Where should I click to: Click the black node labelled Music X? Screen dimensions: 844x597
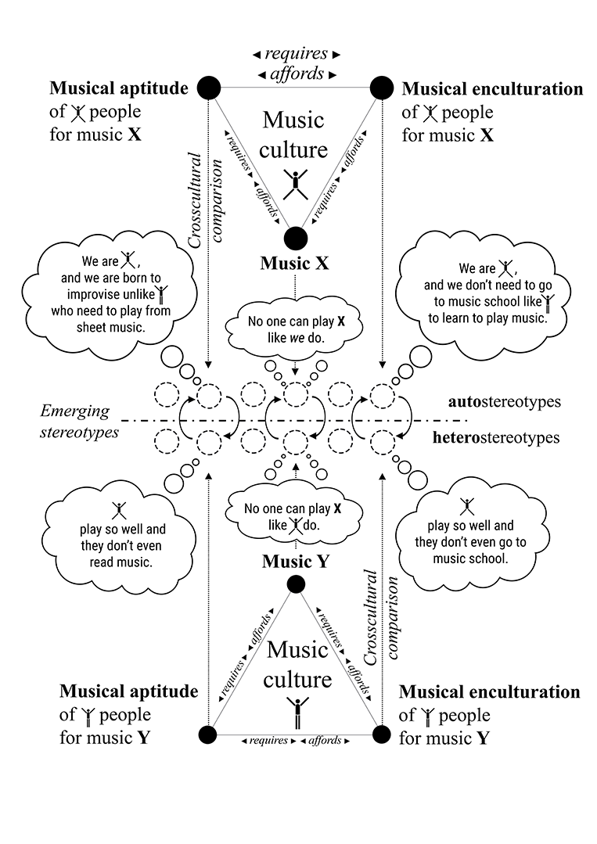tap(296, 238)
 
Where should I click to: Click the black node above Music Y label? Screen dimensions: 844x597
tap(296, 584)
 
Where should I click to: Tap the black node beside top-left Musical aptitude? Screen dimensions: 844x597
tap(207, 88)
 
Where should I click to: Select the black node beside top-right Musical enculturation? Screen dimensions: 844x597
tap(382, 88)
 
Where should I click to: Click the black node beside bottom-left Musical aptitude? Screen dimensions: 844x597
tap(208, 734)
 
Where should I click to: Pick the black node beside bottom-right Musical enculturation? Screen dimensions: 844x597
tap(382, 734)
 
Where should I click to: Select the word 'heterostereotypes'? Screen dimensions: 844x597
tap(496, 437)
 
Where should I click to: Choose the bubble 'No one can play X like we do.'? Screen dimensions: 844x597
tap(295, 329)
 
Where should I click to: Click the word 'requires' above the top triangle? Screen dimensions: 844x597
tap(296, 54)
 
